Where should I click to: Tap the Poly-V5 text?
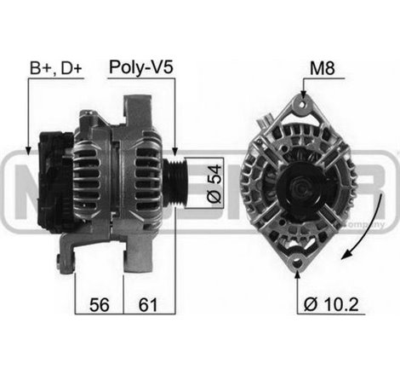point(140,66)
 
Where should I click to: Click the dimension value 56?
point(100,304)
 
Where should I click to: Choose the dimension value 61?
point(147,304)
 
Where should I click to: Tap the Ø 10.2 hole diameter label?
point(328,304)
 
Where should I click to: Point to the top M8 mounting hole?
point(299,106)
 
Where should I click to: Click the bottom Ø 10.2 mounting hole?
point(296,262)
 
